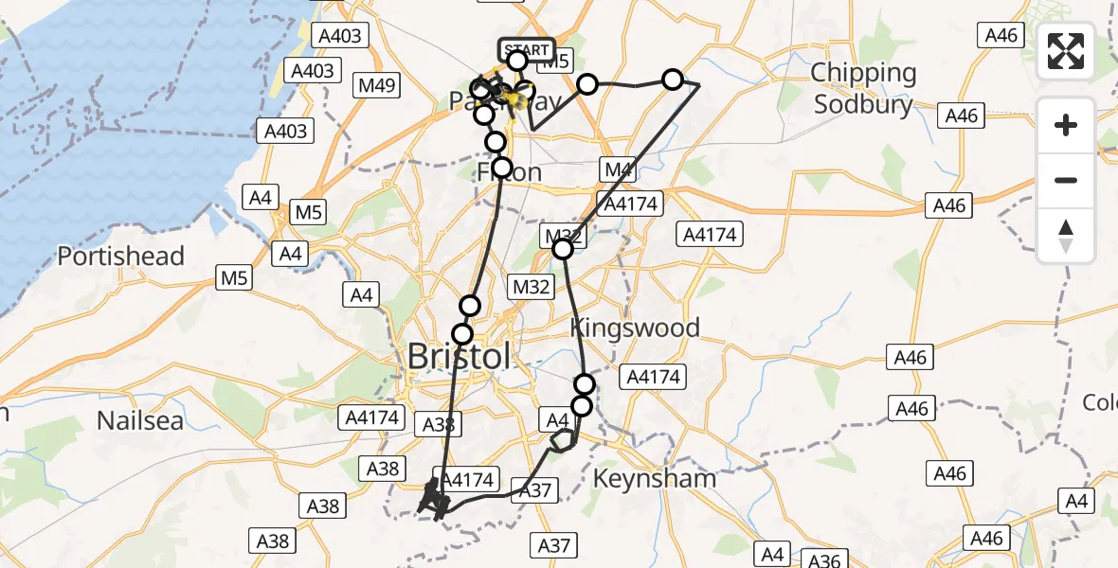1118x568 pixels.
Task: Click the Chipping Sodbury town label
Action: (863, 88)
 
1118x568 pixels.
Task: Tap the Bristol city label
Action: (459, 357)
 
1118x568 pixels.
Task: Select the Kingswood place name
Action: (635, 328)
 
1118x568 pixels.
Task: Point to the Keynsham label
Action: (654, 478)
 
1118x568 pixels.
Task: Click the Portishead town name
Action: (120, 257)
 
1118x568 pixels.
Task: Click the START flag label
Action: (526, 49)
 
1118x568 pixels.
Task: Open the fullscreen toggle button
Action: (1066, 51)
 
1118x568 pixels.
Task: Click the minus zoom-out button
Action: (1066, 180)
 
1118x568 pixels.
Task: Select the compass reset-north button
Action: (1066, 236)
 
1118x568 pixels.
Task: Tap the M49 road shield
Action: (376, 86)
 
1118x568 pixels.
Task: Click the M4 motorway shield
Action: (618, 170)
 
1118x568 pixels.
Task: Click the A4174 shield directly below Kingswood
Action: (651, 378)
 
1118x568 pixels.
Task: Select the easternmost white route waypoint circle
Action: (673, 79)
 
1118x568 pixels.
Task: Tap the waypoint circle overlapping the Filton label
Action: (502, 169)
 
